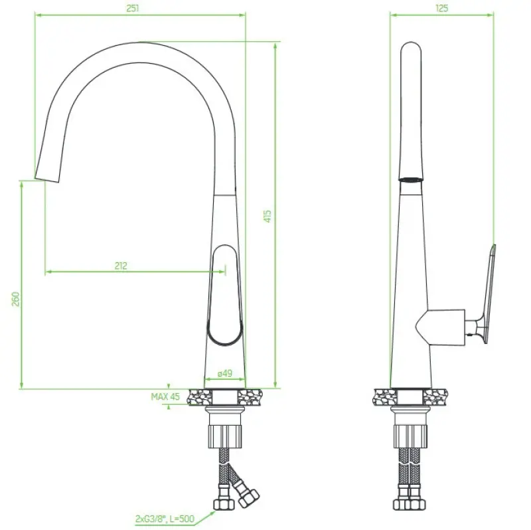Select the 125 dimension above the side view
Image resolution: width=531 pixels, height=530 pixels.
coord(441,8)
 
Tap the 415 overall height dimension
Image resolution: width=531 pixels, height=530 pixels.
coord(267,216)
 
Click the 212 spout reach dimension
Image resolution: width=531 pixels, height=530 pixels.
coord(120,266)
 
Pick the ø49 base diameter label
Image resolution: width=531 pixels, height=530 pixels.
coord(224,374)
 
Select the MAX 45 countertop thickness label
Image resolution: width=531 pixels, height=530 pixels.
coord(165,397)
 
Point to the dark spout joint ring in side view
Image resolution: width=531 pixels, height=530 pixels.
coord(411,179)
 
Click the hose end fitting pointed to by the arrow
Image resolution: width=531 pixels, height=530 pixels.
coord(222,505)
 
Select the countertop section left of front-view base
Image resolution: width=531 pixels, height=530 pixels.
coord(201,397)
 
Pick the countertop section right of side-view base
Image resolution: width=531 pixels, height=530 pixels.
coord(438,397)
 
